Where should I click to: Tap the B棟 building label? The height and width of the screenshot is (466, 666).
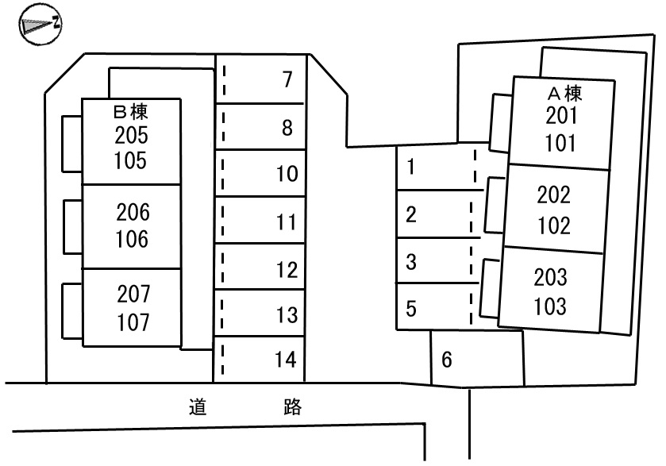point(132,112)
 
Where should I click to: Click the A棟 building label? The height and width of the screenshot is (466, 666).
point(564,94)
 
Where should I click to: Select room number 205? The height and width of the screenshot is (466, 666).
point(132,134)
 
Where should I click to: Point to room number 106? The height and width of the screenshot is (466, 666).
point(132,238)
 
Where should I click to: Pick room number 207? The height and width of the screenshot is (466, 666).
point(132,295)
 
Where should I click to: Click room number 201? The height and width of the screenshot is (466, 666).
point(562,117)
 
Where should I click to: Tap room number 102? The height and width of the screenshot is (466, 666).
point(554,225)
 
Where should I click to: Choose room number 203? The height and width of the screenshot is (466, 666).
point(551,277)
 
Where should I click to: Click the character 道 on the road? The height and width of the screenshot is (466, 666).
point(198,408)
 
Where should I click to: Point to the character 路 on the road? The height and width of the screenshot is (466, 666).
point(292,408)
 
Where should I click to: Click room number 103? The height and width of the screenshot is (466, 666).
point(551,306)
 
